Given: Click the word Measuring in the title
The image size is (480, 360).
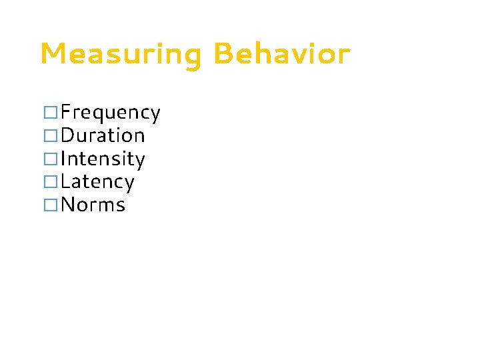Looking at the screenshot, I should [x=120, y=54].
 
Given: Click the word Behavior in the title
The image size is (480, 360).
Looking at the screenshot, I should [x=282, y=54].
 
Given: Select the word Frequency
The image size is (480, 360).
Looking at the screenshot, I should [x=111, y=113].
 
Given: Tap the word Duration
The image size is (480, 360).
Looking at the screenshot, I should [x=103, y=136].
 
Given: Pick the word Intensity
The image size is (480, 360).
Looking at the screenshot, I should [x=103, y=159].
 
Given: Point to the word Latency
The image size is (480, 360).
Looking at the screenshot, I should [x=97, y=181].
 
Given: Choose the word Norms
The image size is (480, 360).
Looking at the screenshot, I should [x=93, y=204].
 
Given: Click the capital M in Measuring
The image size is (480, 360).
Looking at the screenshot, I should [x=52, y=54].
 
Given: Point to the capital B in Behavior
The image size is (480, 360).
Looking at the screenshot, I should [x=223, y=54].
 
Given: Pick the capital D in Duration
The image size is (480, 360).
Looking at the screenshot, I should [x=67, y=136].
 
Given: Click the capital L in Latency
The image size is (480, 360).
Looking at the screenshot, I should [x=65, y=181].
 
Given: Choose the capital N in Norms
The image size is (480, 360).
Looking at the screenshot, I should [x=68, y=204].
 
